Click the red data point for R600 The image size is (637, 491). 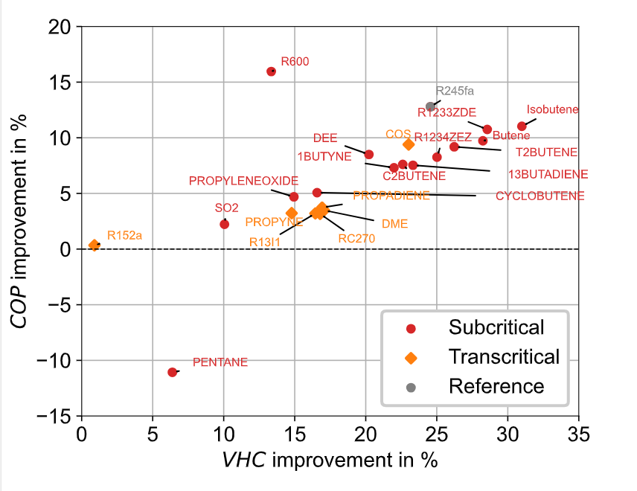[272, 71]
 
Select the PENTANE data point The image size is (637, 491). [173, 372]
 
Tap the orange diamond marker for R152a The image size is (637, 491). [95, 245]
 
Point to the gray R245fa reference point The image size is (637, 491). [430, 106]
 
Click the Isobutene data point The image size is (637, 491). [522, 126]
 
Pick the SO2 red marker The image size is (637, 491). [225, 224]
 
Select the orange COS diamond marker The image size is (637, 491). [409, 144]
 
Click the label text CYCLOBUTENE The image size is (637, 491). [540, 196]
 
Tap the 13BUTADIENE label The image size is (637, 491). [548, 175]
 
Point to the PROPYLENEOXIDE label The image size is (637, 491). [243, 181]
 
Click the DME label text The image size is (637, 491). [394, 223]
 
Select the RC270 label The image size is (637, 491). [356, 239]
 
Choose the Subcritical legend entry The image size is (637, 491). [496, 327]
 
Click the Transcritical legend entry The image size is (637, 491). [504, 356]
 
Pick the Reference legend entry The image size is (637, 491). [496, 386]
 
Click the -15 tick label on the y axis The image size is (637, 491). [57, 417]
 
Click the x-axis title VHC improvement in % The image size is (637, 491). [330, 460]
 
